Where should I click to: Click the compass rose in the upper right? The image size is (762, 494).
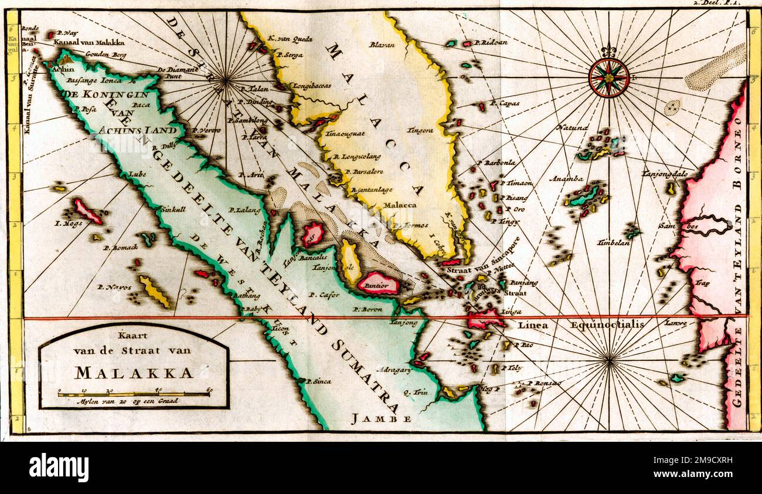tap(608, 78)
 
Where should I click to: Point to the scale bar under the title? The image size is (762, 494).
tap(134, 394)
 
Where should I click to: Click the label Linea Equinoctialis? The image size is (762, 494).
tap(581, 324)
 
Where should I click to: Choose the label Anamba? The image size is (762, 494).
tap(566, 178)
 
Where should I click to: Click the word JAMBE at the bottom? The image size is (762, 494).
tap(381, 419)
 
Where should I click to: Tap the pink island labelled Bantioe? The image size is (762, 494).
tap(379, 284)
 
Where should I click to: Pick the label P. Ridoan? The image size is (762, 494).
tap(491, 43)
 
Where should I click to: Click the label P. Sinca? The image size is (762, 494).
tap(318, 381)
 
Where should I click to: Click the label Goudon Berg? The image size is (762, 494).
tap(106, 54)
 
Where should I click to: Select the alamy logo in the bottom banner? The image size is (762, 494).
tap(59, 468)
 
